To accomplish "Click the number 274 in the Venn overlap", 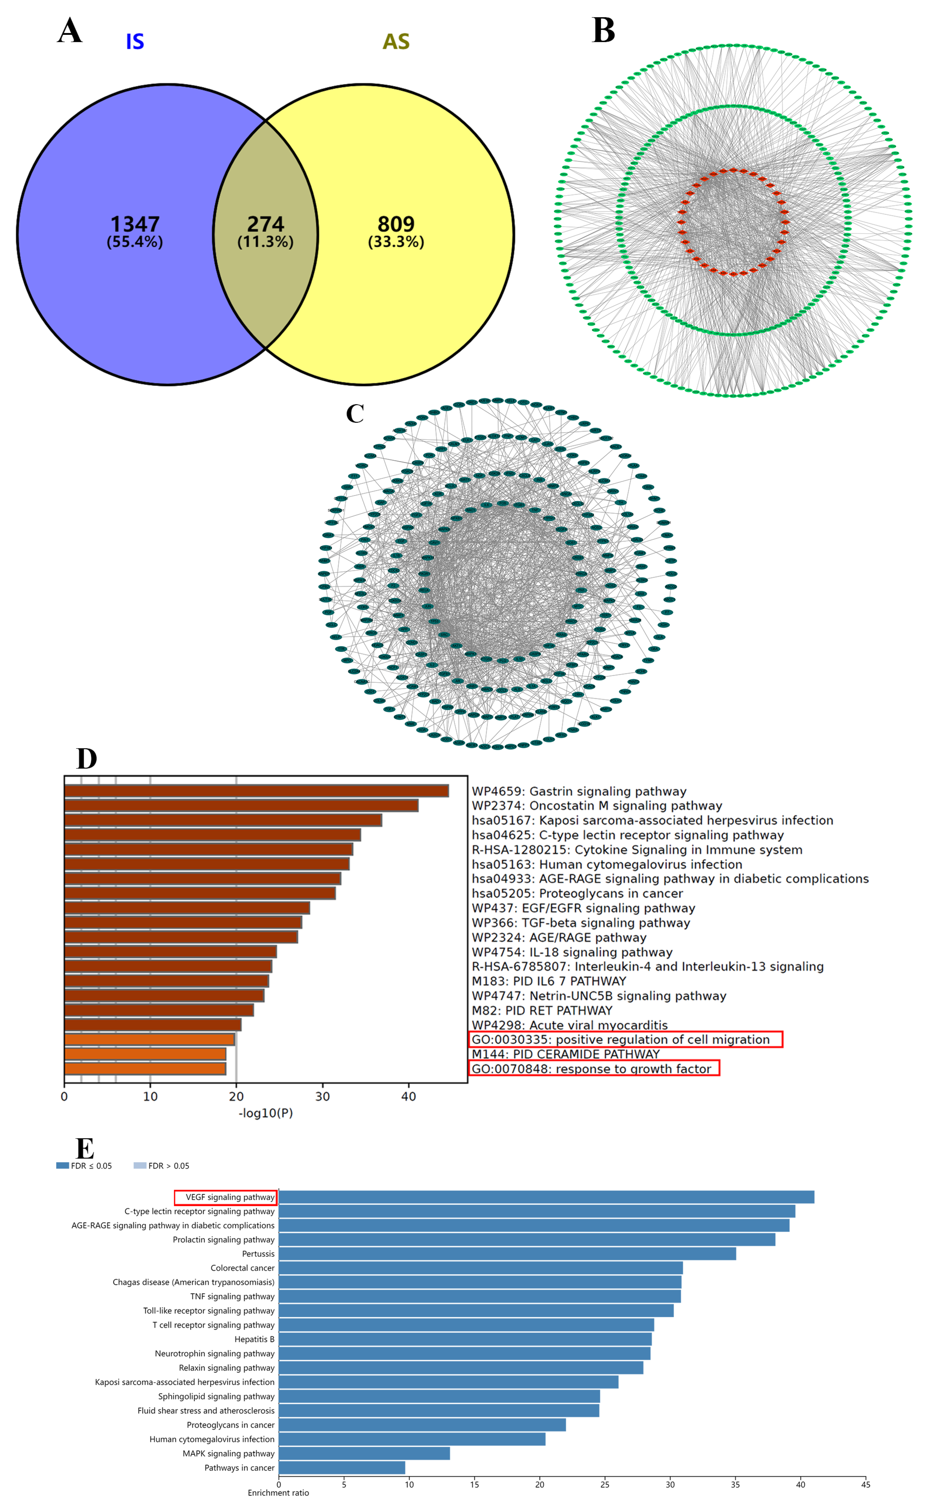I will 265,224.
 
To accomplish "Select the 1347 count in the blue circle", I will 135,224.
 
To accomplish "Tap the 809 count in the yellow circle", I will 396,224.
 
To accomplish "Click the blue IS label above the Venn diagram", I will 135,42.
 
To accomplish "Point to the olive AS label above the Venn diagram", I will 396,42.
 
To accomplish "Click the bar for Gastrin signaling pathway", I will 256,791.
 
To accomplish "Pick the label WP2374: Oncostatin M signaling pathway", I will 596,806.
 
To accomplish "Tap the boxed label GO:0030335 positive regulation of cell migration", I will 625,1039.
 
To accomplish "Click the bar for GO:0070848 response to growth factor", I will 145,1069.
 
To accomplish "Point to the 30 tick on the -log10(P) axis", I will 322,1097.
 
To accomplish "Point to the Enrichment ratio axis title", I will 278,1493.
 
